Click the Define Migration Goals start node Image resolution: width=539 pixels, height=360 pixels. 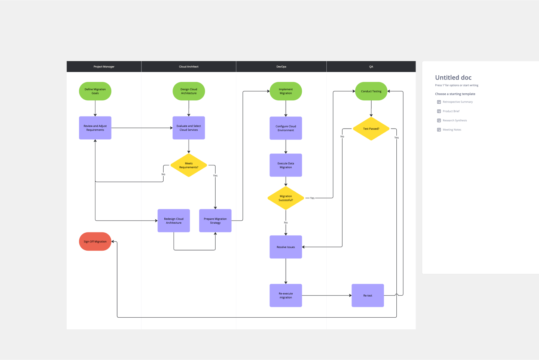95,91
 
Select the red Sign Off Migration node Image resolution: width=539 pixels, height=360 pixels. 95,242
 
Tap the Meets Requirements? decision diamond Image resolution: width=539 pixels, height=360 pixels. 189,165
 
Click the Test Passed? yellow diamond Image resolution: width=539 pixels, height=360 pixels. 371,128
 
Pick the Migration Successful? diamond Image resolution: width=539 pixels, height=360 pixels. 286,198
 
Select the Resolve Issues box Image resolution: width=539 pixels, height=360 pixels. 286,247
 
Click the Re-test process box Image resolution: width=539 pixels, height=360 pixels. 368,296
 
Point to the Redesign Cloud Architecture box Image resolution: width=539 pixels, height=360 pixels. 174,221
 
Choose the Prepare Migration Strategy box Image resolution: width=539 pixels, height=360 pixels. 215,221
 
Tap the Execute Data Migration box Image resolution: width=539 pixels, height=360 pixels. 286,165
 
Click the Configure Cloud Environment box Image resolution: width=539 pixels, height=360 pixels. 286,128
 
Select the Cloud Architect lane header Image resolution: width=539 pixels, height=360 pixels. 189,67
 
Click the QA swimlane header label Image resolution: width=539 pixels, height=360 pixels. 371,67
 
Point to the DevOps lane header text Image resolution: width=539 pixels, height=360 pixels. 281,67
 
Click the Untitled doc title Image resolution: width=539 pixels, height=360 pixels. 453,78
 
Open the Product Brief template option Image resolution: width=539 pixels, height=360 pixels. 451,111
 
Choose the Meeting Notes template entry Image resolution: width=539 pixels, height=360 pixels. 452,130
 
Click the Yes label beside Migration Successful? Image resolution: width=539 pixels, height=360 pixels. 312,198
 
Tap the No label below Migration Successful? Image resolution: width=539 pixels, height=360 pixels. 286,223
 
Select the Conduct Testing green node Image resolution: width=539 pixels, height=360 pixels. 371,91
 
